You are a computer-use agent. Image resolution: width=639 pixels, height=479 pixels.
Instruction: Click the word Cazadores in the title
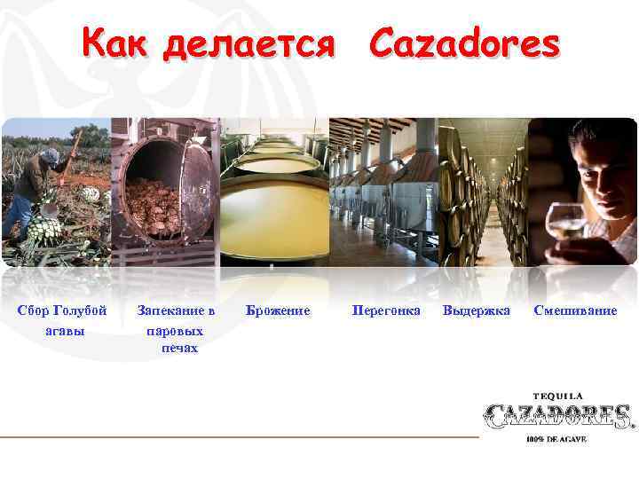pos(464,42)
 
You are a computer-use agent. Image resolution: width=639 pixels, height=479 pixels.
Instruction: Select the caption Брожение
pos(278,311)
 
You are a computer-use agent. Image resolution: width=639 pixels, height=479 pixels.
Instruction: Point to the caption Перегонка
pos(386,311)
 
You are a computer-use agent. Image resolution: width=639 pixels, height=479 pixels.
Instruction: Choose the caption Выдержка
pos(477,311)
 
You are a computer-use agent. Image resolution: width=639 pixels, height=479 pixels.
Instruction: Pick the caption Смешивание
pos(575,311)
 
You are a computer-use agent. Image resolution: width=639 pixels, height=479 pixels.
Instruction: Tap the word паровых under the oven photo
pos(175,330)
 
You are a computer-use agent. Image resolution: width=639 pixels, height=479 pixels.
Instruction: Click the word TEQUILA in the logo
pos(557,396)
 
